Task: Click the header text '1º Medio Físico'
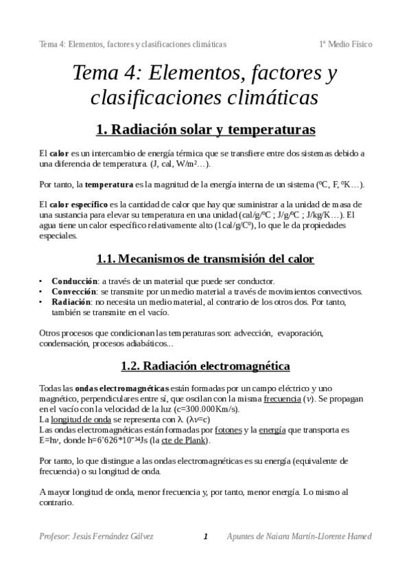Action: [346, 44]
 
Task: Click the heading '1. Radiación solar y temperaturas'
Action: [205, 128]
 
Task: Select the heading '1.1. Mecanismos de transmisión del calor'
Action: [205, 259]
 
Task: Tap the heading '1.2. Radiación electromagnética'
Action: [205, 366]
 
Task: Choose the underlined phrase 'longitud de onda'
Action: [80, 419]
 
